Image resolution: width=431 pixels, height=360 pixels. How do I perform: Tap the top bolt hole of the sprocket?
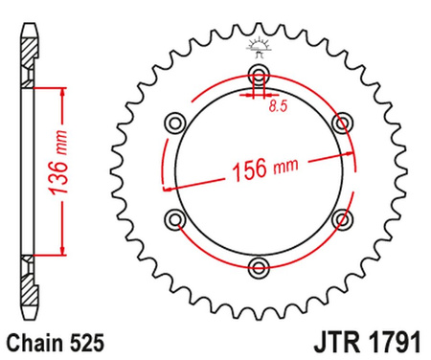click(x=258, y=77)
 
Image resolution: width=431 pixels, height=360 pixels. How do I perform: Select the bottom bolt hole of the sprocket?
click(x=258, y=267)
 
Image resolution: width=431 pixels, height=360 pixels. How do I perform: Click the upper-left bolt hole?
click(x=174, y=123)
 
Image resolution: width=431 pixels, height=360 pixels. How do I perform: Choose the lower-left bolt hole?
click(x=174, y=220)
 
